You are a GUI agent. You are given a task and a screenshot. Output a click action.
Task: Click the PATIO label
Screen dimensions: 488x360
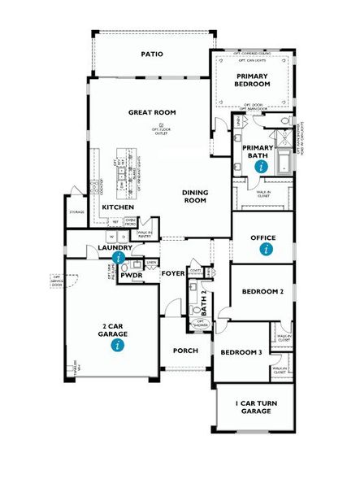pyautogui.click(x=152, y=54)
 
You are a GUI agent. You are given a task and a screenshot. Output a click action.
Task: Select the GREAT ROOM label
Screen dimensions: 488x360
pyautogui.click(x=152, y=112)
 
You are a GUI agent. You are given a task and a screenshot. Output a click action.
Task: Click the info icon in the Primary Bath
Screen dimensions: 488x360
pyautogui.click(x=261, y=165)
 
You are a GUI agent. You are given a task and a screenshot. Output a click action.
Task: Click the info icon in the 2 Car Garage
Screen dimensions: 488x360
pyautogui.click(x=119, y=345)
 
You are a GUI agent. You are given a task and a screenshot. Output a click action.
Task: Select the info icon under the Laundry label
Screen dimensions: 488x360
pyautogui.click(x=119, y=257)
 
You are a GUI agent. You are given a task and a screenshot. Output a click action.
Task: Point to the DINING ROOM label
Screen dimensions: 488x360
pyautogui.click(x=195, y=196)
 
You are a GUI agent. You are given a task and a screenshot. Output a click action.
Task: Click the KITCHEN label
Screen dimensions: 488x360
pyautogui.click(x=119, y=207)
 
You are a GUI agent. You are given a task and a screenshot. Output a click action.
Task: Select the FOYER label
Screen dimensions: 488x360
pyautogui.click(x=172, y=273)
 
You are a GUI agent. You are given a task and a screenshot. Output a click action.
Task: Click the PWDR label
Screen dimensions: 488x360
pyautogui.click(x=131, y=276)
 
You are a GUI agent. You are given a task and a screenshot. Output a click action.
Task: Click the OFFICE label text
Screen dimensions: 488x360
pyautogui.click(x=263, y=237)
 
